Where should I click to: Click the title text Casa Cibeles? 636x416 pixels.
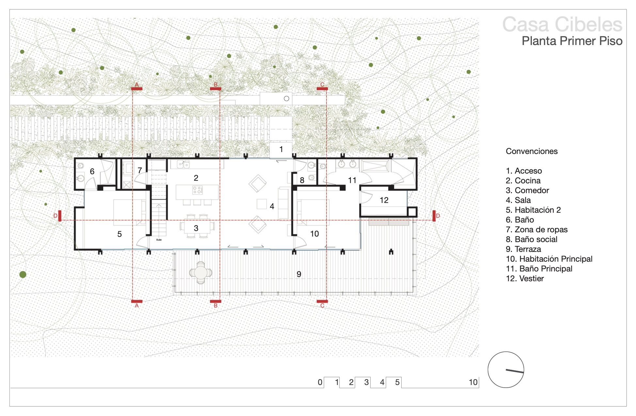(x=562, y=24)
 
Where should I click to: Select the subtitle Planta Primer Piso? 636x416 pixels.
(x=572, y=41)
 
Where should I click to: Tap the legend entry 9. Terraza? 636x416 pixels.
(x=523, y=249)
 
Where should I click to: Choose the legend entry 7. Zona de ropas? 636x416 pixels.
(x=537, y=229)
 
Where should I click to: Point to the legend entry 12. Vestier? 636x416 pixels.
(x=525, y=278)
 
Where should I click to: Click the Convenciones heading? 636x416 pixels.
(x=532, y=151)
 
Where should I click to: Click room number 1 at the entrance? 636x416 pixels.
(x=281, y=149)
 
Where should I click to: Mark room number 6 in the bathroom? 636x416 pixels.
(x=92, y=171)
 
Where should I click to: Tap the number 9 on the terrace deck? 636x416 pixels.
(x=299, y=274)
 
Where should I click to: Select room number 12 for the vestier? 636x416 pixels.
(x=384, y=200)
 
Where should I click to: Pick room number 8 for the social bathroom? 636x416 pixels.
(x=302, y=180)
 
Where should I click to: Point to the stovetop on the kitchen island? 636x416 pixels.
(x=198, y=190)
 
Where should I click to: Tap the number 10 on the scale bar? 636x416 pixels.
(x=473, y=382)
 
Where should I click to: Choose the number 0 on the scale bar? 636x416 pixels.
(x=320, y=382)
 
